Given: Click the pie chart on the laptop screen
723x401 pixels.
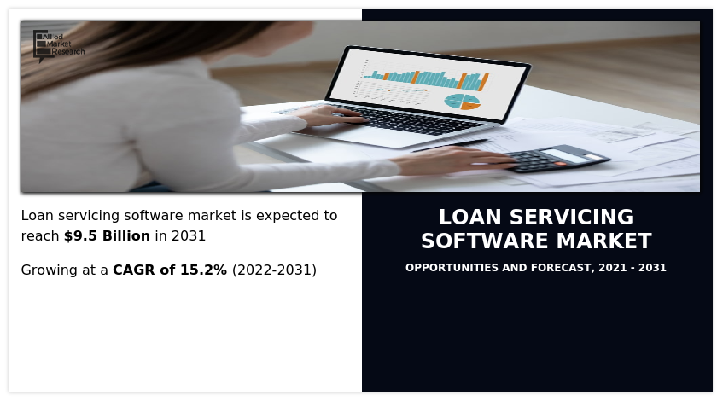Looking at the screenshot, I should [462, 101].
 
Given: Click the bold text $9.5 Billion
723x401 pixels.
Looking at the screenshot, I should [107, 236].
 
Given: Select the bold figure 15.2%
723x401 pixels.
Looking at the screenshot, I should [203, 270].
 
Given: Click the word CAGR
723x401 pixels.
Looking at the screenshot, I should [135, 270].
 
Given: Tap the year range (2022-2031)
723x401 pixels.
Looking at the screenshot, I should [274, 270].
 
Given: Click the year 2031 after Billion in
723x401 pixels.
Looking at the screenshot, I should [188, 236].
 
